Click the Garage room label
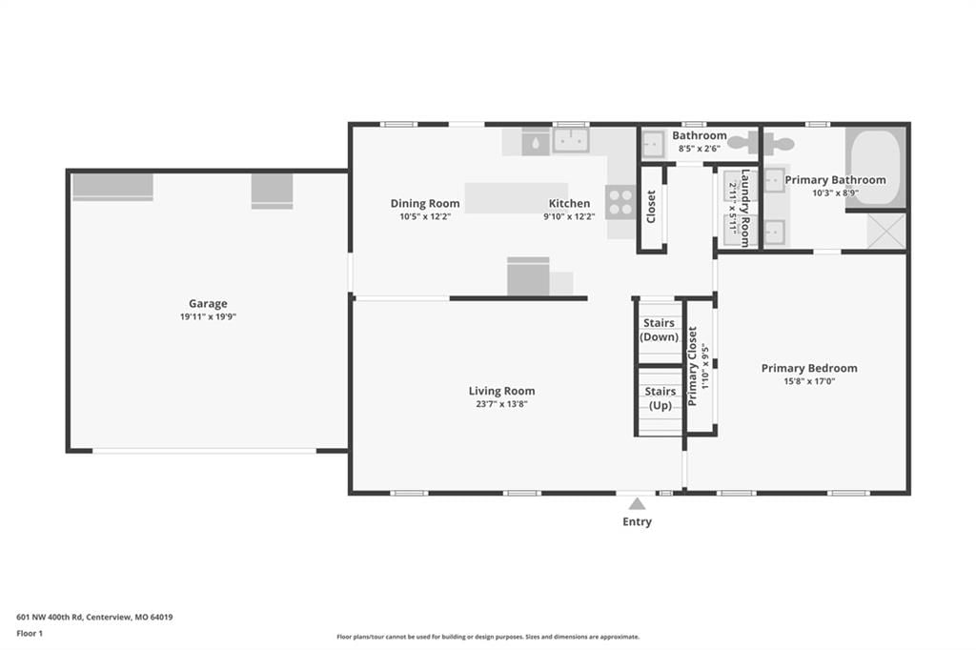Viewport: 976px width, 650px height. click(x=208, y=304)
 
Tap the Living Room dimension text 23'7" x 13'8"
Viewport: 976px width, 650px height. click(x=501, y=404)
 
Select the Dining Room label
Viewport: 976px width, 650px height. click(x=425, y=204)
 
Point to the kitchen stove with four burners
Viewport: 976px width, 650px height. click(x=620, y=202)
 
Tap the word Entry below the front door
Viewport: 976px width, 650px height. click(x=637, y=521)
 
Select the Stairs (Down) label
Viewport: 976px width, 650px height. click(x=660, y=330)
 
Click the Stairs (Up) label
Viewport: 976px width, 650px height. click(x=661, y=398)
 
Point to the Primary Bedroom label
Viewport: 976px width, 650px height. click(x=809, y=369)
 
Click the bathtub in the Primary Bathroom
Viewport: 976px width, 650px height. click(x=875, y=168)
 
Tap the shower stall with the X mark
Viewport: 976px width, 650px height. click(x=886, y=231)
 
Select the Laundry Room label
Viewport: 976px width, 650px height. click(x=744, y=208)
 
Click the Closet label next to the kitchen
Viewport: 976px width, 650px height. click(x=651, y=207)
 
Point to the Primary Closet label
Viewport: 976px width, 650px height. click(x=692, y=366)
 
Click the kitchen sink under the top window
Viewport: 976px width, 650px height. click(x=571, y=141)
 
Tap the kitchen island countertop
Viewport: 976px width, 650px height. click(x=516, y=198)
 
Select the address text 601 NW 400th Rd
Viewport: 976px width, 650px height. click(x=50, y=618)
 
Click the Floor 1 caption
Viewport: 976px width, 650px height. click(x=30, y=634)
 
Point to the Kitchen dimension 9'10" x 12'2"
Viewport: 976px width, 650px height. click(x=569, y=217)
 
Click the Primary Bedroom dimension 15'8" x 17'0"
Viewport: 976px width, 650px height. click(x=809, y=381)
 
